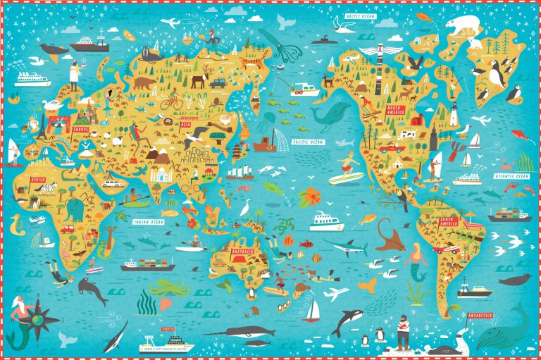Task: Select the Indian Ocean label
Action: (x=149, y=223)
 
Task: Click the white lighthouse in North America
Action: (x=454, y=113)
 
